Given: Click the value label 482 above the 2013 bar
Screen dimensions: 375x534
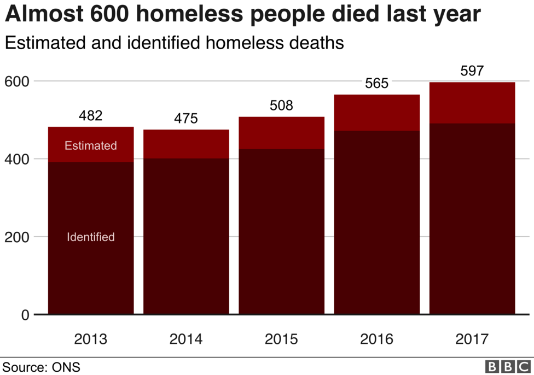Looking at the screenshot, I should (x=91, y=115).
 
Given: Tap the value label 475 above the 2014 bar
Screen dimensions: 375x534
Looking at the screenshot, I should (x=186, y=119).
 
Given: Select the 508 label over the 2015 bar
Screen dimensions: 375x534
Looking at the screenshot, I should (x=281, y=106).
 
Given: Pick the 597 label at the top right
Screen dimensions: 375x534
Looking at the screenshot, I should (x=472, y=71).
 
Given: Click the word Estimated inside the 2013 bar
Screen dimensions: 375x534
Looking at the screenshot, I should (x=91, y=145).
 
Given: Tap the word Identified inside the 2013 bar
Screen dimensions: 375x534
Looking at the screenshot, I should (x=91, y=237).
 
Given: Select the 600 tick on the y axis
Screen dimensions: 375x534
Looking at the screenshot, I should (x=16, y=81).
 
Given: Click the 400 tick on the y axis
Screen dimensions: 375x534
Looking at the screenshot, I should (x=16, y=159).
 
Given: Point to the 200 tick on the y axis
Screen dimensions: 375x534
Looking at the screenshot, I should (x=16, y=237).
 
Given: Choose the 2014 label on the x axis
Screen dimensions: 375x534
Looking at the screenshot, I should (x=186, y=339).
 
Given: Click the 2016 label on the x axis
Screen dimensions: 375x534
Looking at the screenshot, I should (x=376, y=339).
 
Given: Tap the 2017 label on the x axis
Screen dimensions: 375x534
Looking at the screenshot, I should (x=472, y=339).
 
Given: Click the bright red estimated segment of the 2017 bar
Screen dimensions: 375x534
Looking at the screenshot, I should (x=472, y=103).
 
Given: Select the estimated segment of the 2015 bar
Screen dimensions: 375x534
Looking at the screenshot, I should (x=281, y=133).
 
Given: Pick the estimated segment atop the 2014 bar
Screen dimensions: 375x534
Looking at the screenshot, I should (x=186, y=144).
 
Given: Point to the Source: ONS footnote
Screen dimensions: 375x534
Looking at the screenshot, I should (x=42, y=366).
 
